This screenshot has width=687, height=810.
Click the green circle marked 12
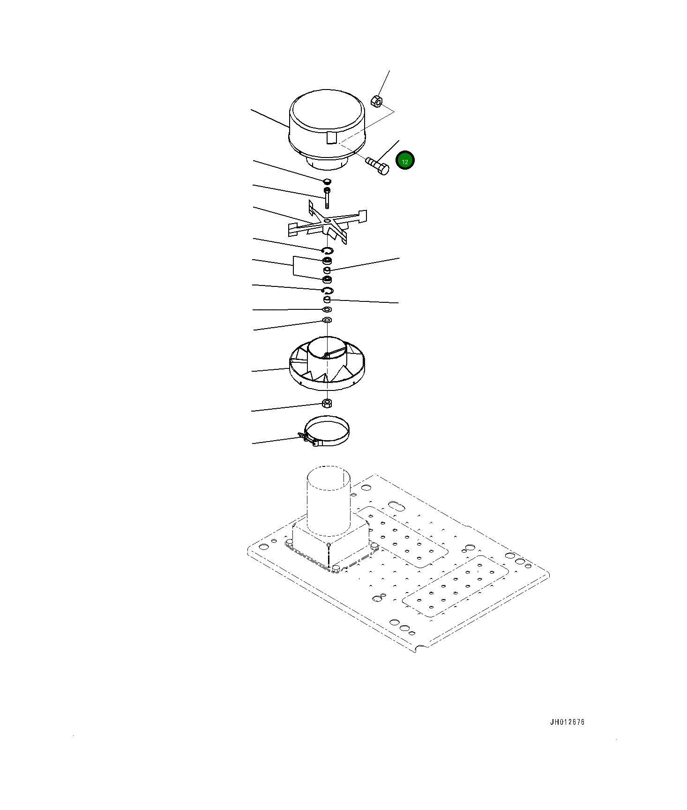pos(405,160)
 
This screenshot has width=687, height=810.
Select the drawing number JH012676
pos(567,722)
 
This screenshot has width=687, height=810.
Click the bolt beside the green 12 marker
pos(377,165)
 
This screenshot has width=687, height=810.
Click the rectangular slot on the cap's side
pos(331,138)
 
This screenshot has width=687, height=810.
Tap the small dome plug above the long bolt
pos(327,181)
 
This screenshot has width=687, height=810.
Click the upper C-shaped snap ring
pos(328,250)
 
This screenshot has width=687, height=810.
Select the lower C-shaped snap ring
pos(328,291)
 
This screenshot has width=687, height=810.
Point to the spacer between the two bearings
pos(327,270)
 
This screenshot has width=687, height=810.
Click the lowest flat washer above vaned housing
pos(327,320)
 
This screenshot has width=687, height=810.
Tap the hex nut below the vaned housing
pos(327,403)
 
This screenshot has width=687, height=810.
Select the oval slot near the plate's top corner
pos(396,506)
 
